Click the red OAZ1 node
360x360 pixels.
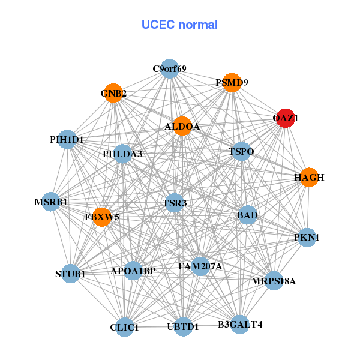point(285,119)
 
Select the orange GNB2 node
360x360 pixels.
point(113,93)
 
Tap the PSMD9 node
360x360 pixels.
point(232,83)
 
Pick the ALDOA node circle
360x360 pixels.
point(182,126)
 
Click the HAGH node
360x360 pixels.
point(309,177)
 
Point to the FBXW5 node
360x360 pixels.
point(102,217)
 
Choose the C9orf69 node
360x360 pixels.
point(169,69)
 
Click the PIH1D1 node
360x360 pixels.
point(67,140)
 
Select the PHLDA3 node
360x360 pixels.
point(122,154)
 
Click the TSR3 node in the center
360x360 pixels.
point(175,203)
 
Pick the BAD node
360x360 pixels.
point(247,215)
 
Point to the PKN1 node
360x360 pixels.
point(307,238)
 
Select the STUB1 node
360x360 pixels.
point(71,274)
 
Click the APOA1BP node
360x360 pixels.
point(133,271)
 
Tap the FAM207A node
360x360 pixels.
point(200,266)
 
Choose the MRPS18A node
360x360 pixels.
point(274,280)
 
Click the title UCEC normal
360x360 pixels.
point(179,25)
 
